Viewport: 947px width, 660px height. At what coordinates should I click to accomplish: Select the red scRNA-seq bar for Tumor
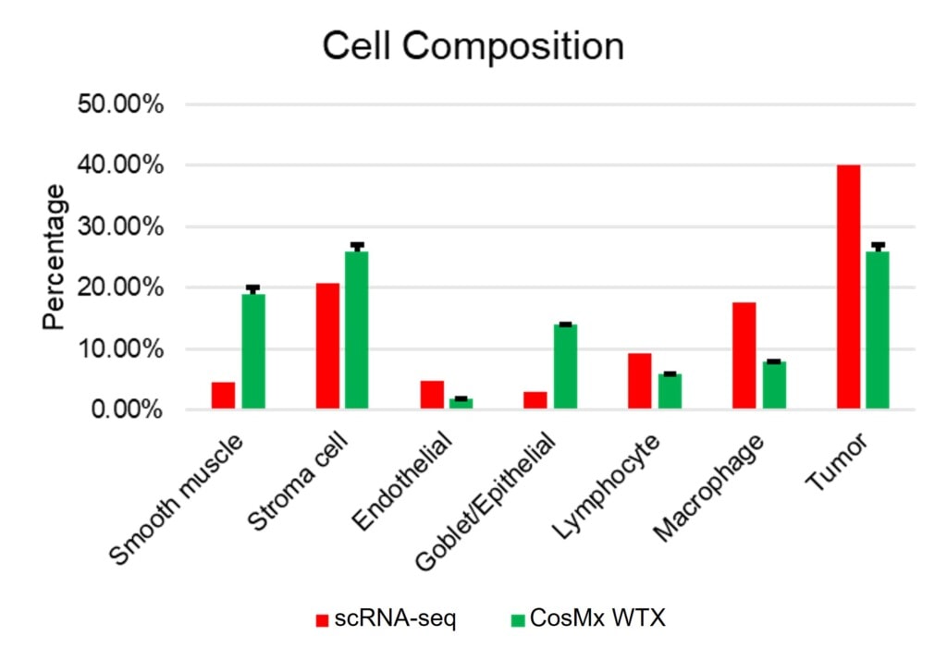(x=848, y=287)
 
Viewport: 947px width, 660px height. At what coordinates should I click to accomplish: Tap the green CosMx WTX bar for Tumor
(x=877, y=330)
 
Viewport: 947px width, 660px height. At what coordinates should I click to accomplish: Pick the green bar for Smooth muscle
(x=252, y=351)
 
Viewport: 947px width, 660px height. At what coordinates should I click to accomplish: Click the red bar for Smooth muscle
(x=223, y=396)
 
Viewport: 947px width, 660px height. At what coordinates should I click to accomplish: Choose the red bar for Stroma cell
(x=327, y=346)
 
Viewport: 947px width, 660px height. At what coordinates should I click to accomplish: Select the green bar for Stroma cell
(x=357, y=330)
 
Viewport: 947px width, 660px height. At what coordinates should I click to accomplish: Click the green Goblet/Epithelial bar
(x=565, y=367)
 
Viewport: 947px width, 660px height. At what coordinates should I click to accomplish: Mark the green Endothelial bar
(x=461, y=404)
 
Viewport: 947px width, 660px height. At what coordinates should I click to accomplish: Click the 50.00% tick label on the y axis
(x=120, y=104)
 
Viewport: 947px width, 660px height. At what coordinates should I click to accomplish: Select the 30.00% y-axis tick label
(x=120, y=226)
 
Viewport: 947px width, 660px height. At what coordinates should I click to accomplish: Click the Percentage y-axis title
(x=55, y=257)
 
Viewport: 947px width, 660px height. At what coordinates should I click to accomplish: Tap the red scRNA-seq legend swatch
(x=323, y=618)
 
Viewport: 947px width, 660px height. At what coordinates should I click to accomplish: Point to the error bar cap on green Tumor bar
(x=878, y=245)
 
